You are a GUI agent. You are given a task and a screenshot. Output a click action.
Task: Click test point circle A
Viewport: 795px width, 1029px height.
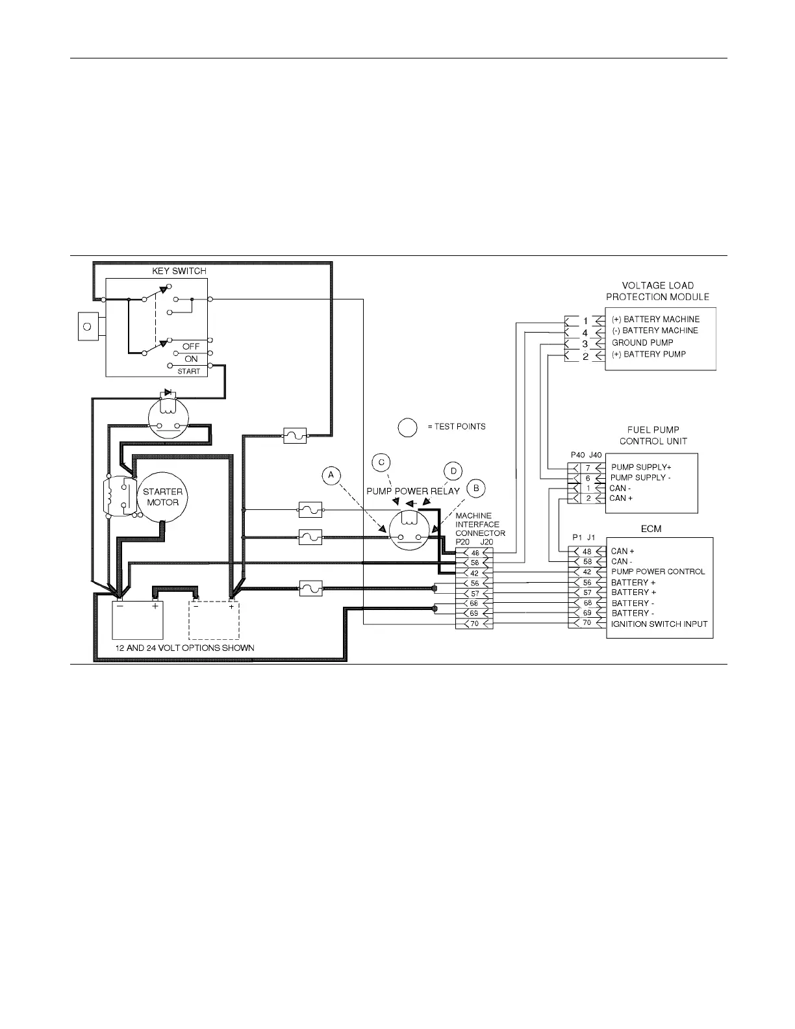point(331,476)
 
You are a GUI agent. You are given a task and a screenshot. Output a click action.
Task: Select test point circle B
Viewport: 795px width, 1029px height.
point(476,487)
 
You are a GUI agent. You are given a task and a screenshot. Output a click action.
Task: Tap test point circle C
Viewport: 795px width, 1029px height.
point(381,462)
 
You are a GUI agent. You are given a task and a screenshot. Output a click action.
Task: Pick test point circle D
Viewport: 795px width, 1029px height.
point(453,471)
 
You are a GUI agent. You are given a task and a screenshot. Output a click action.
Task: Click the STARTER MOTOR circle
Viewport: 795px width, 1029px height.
point(162,497)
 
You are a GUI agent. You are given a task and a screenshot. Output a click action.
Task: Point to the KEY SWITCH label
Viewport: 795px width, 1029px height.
point(179,271)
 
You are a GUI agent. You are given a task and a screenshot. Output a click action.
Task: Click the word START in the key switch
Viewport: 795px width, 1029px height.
point(189,371)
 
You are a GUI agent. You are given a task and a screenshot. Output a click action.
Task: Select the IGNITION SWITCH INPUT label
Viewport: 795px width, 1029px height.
point(659,624)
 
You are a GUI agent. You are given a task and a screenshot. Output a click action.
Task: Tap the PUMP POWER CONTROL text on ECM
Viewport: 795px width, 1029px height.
point(657,572)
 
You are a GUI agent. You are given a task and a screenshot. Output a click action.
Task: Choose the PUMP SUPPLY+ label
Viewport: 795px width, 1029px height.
point(640,467)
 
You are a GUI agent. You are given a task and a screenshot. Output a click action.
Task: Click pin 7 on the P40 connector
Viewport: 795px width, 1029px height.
point(587,468)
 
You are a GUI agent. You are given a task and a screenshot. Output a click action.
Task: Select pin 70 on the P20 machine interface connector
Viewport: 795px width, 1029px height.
point(474,624)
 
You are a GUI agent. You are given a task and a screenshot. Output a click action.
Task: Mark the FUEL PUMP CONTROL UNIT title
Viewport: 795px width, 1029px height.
point(653,435)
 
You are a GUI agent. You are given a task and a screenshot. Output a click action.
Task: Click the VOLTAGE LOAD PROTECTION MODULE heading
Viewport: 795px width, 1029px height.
point(657,291)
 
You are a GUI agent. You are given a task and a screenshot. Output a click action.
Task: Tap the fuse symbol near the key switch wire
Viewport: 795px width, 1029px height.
point(295,436)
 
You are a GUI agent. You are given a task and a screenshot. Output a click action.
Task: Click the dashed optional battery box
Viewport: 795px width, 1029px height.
point(214,620)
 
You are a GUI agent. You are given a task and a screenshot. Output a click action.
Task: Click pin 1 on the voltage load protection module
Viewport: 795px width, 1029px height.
point(585,320)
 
